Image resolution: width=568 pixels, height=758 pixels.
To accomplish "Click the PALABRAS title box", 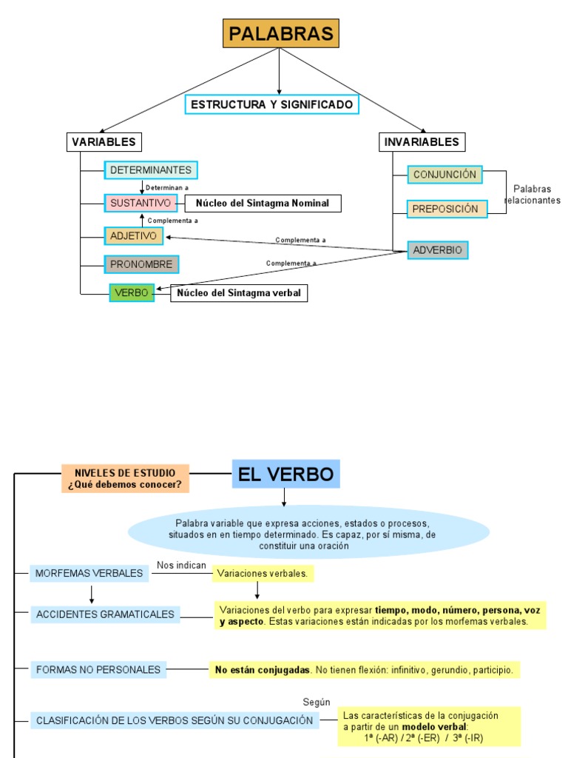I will tap(280, 33).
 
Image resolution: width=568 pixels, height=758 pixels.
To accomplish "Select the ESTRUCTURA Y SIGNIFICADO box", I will tap(271, 104).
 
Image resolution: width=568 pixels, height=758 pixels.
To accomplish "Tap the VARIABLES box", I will tap(104, 141).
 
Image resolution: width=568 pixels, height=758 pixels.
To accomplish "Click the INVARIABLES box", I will tap(422, 141).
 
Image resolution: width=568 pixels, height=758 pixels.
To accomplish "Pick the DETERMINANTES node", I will tap(151, 170).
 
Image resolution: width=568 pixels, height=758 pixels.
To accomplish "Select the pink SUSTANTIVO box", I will tap(141, 203).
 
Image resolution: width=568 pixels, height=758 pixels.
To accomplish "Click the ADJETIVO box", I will tap(133, 236).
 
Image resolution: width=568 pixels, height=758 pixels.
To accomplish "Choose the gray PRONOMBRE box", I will tap(141, 264).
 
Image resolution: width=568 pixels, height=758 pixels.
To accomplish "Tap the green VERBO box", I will tap(132, 293).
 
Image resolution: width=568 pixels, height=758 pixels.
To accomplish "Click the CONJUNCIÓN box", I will tap(444, 175).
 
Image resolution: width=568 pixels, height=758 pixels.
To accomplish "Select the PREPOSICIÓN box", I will tap(447, 209).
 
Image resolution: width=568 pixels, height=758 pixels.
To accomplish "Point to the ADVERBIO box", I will tap(437, 250).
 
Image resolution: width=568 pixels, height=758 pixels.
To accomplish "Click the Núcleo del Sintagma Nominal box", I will tap(263, 204).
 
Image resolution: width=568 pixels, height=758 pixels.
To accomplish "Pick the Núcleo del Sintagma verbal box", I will tap(239, 293).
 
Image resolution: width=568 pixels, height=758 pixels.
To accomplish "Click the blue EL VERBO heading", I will tap(285, 474).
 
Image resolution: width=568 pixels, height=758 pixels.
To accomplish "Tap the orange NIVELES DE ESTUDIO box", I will tap(125, 479).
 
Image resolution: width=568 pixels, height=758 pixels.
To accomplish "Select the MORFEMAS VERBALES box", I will tap(89, 573).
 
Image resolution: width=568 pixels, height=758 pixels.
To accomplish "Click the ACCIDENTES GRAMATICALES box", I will tap(105, 614).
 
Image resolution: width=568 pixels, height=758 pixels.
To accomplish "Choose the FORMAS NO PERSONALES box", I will tap(98, 670).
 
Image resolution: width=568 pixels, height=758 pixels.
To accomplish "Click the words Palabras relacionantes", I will tap(532, 195).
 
